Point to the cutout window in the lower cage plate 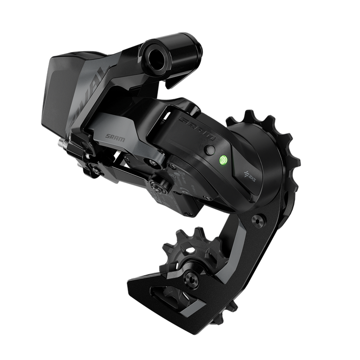click(171, 295)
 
